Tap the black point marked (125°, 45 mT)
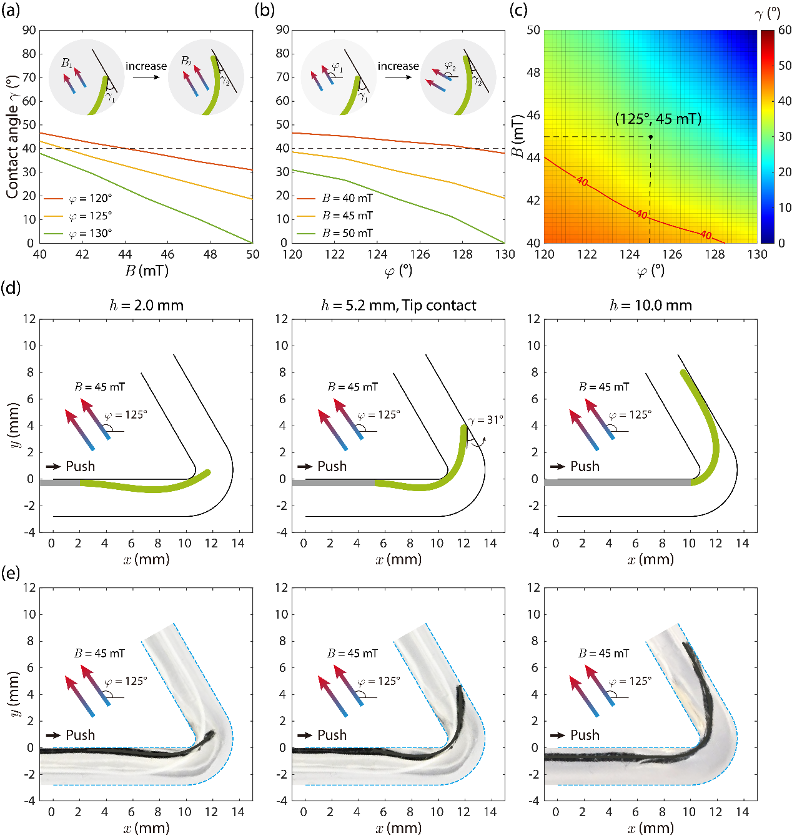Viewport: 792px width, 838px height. [650, 137]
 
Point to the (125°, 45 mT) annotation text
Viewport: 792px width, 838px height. [658, 119]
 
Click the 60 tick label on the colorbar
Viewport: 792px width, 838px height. [785, 30]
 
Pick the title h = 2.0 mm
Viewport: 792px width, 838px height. [146, 306]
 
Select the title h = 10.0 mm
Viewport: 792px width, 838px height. [651, 306]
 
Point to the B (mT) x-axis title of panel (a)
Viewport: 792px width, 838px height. [146, 271]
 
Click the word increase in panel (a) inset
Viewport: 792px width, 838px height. [146, 66]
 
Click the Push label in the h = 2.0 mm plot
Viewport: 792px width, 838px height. [80, 466]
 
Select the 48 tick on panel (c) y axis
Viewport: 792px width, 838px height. [533, 72]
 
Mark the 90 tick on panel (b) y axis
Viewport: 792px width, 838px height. [282, 30]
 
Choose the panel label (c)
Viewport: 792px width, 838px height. [518, 11]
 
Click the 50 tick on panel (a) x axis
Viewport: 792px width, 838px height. [252, 254]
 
